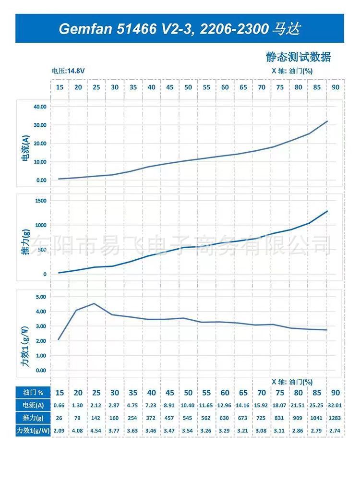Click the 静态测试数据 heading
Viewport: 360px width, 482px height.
pos(298,57)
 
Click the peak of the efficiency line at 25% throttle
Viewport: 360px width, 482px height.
pos(94,303)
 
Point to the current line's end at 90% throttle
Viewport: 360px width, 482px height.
pos(327,121)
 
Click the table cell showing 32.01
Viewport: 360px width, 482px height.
pos(335,406)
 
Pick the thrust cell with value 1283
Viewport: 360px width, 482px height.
pos(335,418)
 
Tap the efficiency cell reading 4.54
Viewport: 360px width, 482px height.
pos(96,430)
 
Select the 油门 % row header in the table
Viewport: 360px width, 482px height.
pos(33,393)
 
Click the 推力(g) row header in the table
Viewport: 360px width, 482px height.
pos(33,418)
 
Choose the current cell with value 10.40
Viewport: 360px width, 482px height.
pos(188,406)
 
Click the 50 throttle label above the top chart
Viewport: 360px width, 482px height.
pos(188,87)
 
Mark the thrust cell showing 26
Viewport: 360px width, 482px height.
pos(60,418)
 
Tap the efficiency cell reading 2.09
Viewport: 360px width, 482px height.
pos(60,430)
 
